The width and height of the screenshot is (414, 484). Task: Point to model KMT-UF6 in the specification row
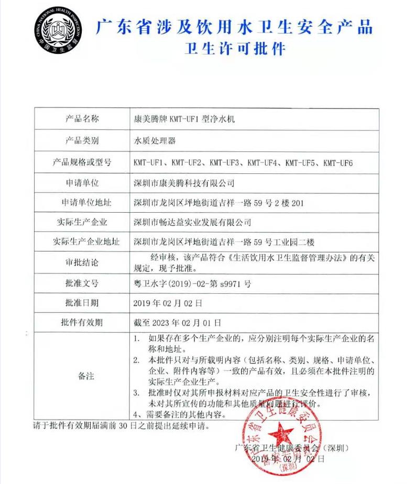pos(338,162)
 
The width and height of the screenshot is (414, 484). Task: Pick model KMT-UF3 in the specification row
pos(224,162)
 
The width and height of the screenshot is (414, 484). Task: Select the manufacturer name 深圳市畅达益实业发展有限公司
pos(192,222)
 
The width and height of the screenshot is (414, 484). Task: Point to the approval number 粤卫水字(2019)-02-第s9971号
pos(192,283)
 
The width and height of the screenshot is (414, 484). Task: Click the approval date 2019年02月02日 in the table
pos(168,303)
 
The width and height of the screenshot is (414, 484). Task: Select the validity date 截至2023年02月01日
pos(178,322)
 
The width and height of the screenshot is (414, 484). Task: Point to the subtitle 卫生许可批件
pos(235,49)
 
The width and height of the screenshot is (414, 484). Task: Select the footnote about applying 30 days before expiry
pos(122,425)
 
